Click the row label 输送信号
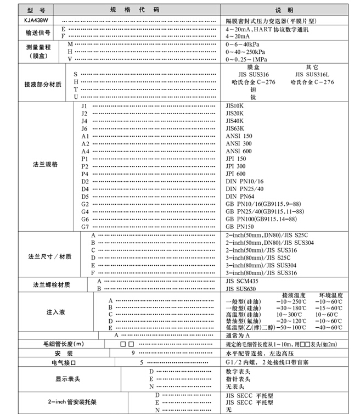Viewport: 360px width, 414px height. [38, 32]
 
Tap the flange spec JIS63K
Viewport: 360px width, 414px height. [235, 128]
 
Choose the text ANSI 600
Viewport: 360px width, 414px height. [239, 151]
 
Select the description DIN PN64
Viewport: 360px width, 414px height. [241, 196]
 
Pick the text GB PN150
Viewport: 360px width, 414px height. [240, 226]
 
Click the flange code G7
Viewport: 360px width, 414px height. [85, 226]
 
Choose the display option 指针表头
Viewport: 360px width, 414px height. [239, 379]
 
